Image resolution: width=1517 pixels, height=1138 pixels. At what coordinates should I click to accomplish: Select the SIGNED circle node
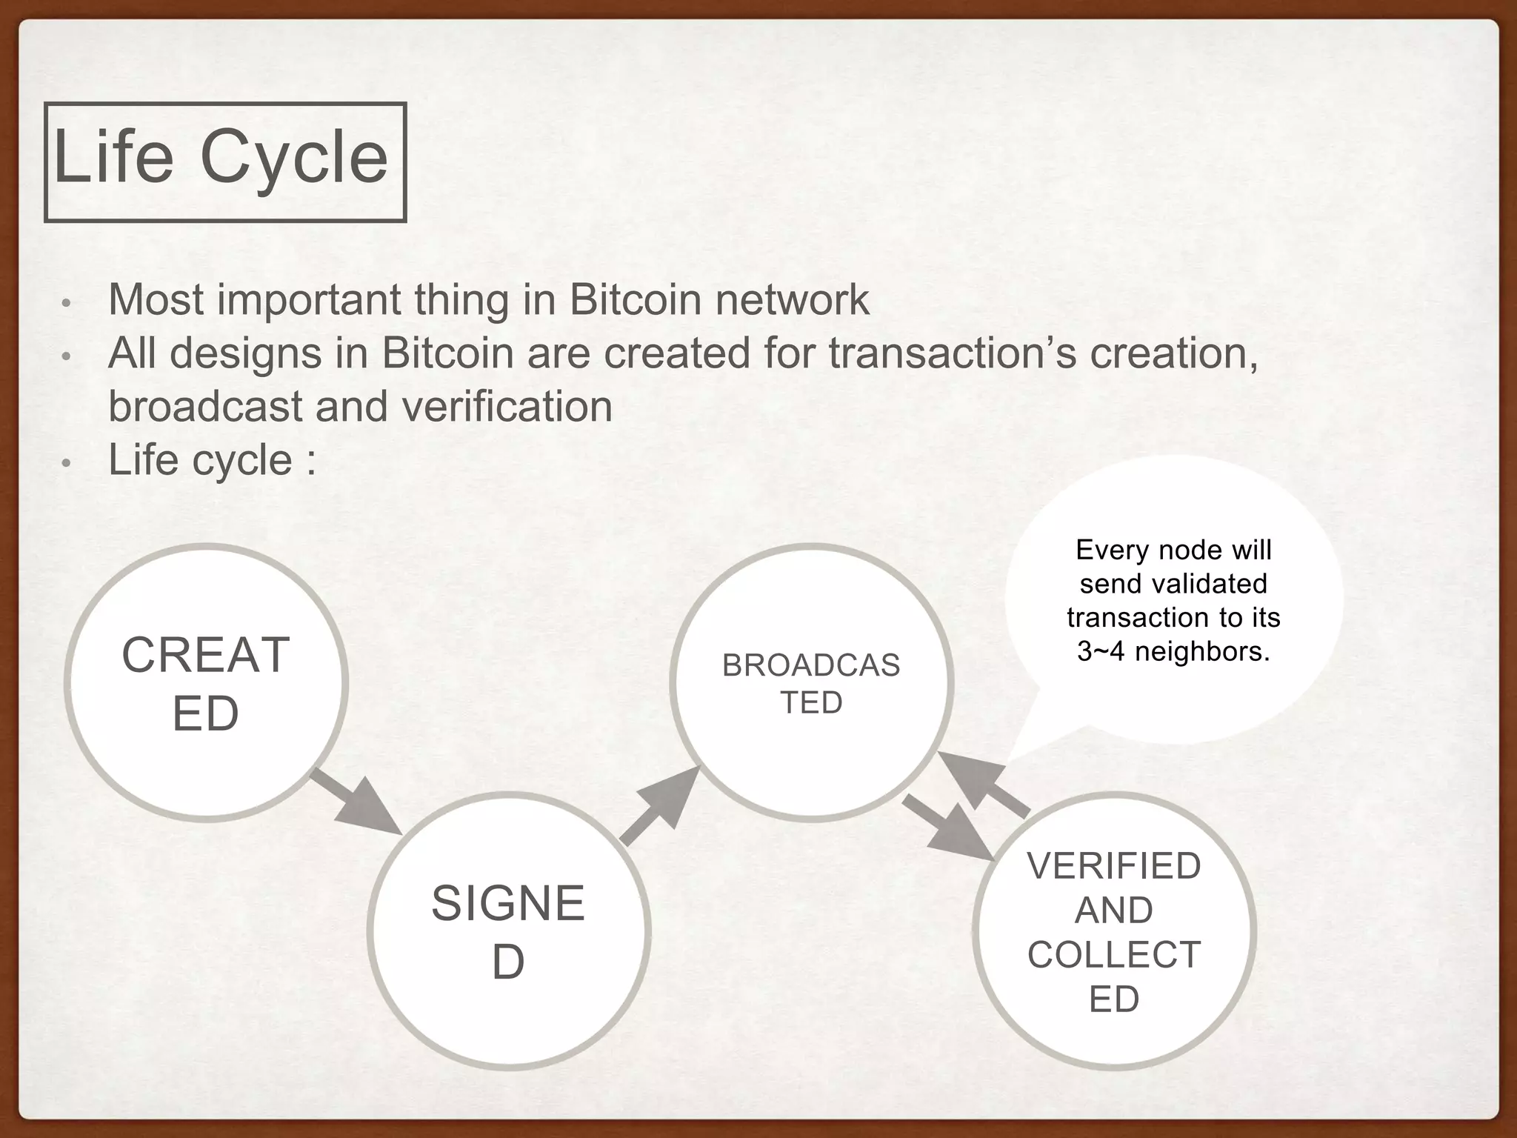[509, 931]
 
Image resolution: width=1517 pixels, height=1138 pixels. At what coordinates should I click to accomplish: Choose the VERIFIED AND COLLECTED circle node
[1113, 931]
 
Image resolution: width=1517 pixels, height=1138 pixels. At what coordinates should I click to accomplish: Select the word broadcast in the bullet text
[205, 407]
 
